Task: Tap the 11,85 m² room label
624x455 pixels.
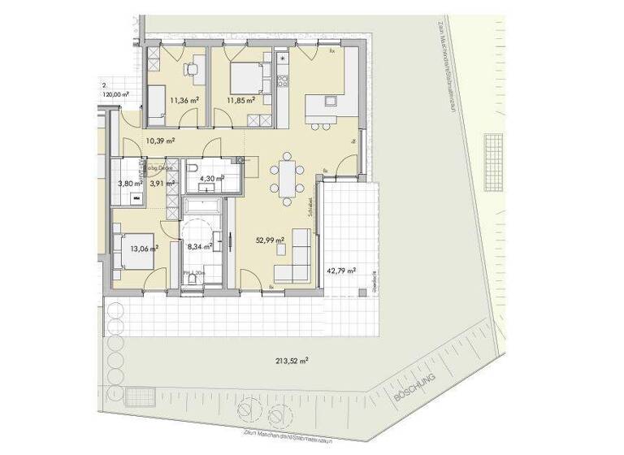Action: [241, 101]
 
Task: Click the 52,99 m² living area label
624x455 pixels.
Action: [267, 240]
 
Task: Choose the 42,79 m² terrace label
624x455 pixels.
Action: [341, 271]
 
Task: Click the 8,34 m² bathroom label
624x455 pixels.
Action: [200, 244]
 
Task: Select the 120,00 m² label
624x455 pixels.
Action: [115, 94]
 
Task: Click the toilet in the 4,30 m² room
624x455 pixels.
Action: [194, 170]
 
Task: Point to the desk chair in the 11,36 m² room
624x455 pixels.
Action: [193, 70]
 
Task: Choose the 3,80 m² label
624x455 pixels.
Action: [131, 184]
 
